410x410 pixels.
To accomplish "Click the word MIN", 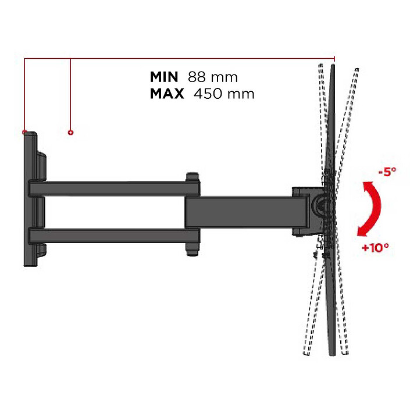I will [165, 77].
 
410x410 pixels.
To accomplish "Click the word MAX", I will [167, 94].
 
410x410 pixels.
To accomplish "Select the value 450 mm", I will [224, 94].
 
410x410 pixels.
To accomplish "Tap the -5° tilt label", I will [386, 172].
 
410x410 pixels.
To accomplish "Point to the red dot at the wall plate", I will [24, 132].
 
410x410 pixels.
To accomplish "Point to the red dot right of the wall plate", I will [70, 132].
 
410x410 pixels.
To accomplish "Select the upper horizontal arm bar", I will [110, 188].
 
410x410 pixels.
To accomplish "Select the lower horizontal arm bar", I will [110, 236].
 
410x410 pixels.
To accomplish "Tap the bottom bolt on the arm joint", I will [192, 249].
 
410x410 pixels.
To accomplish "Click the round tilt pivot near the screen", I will [319, 204].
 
